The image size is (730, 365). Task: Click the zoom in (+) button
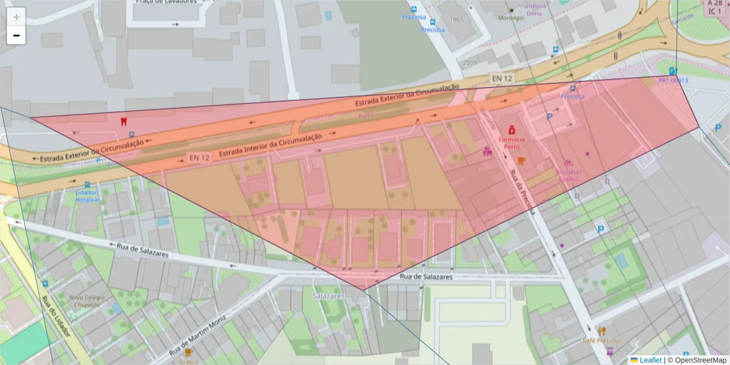point(16,17)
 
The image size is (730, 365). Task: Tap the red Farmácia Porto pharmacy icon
point(512,130)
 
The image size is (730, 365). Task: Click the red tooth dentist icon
point(124,120)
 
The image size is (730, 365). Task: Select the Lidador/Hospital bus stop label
point(86,195)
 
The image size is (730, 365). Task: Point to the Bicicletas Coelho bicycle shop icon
point(568,163)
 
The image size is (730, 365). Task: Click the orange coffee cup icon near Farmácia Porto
point(521,160)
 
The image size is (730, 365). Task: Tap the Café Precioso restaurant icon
point(602,332)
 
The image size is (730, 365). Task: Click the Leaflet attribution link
point(650,360)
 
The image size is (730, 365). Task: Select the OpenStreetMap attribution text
point(700,360)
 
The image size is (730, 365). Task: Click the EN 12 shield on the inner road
point(199,158)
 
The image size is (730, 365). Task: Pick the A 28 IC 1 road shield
point(715,7)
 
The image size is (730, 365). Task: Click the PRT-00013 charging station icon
point(673,71)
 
